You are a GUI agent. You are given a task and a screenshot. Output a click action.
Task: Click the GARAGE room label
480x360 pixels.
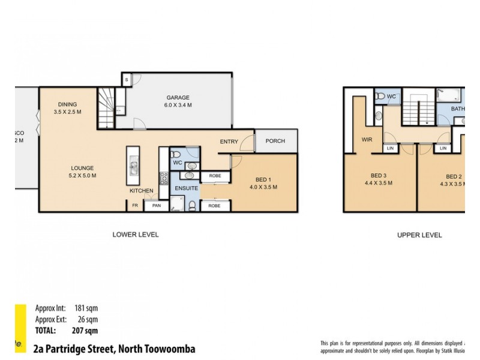pyautogui.click(x=178, y=97)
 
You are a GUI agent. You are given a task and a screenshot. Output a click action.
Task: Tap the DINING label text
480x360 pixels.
pyautogui.click(x=67, y=104)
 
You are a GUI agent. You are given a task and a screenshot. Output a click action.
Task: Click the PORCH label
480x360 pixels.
pyautogui.click(x=275, y=141)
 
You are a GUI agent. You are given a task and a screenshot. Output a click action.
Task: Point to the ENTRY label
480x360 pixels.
pyautogui.click(x=229, y=142)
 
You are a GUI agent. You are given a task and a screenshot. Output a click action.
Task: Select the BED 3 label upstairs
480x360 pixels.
pyautogui.click(x=378, y=176)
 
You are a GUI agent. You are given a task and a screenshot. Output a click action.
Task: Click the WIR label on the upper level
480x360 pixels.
pyautogui.click(x=367, y=140)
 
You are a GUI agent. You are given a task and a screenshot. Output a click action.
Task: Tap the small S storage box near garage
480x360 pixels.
pyautogui.click(x=127, y=79)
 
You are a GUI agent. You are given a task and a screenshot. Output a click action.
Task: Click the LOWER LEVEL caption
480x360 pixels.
pyautogui.click(x=136, y=235)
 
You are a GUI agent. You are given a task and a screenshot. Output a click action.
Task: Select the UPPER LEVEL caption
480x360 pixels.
pyautogui.click(x=419, y=235)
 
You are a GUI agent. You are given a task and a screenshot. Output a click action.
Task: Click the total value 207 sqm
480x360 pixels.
pyautogui.click(x=84, y=331)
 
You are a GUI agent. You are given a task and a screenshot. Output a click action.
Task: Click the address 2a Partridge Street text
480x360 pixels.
pyautogui.click(x=114, y=349)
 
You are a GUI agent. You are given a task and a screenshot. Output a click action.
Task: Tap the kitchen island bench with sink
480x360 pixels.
pyautogui.click(x=133, y=166)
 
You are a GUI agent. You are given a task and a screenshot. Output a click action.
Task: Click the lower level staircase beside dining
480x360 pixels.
pyautogui.click(x=106, y=106)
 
